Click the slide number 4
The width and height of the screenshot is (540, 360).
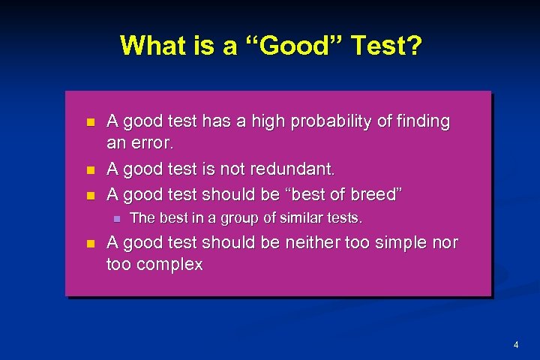coord(516,345)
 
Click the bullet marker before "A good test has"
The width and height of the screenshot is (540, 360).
coord(91,121)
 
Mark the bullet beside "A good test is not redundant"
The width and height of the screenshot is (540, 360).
coord(91,169)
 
